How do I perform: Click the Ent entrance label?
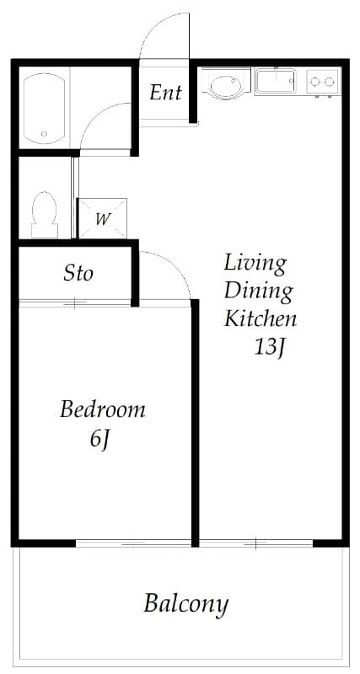point(165,93)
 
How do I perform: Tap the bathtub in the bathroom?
point(44,109)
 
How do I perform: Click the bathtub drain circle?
point(44,134)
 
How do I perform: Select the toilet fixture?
point(45,215)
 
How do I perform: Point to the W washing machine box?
point(103,218)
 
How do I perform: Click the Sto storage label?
point(78,273)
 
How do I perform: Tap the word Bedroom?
point(102,409)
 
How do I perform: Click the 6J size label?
point(99,439)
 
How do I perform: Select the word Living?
point(255,265)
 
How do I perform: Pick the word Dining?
point(259,291)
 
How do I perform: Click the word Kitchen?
point(261,319)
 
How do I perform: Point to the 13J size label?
point(269,347)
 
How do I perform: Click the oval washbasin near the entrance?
point(226,85)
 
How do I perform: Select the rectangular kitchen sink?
point(275,81)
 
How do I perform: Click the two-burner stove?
point(323,81)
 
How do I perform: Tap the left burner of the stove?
point(315,81)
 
